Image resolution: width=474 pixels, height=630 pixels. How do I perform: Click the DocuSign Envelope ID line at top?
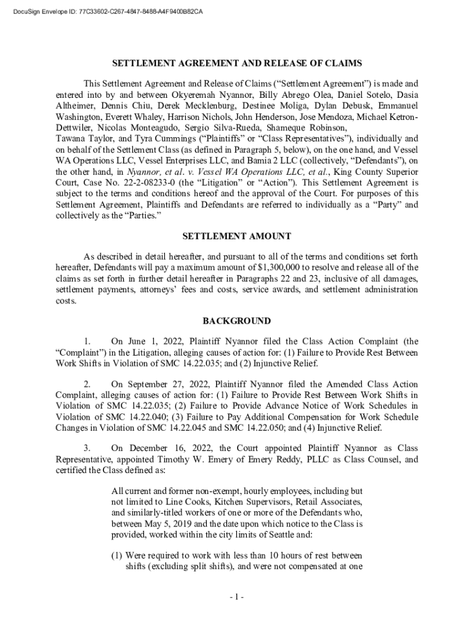tap(105, 11)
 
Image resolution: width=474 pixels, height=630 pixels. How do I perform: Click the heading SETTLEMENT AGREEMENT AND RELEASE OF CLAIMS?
tap(236, 63)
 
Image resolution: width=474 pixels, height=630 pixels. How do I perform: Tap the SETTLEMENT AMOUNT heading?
tap(236, 236)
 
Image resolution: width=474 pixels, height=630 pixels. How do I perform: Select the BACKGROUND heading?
tap(236, 321)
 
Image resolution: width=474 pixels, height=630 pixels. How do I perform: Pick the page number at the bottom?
tap(236, 597)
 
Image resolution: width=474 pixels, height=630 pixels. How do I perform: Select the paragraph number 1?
tap(87, 341)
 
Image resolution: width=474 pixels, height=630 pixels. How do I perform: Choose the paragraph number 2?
tap(87, 383)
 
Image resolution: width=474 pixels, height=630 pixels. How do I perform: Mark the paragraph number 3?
tap(87, 448)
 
